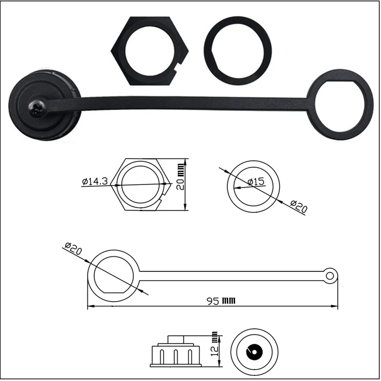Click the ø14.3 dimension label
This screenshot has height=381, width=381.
click(x=95, y=181)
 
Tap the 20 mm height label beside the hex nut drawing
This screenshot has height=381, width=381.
click(x=181, y=177)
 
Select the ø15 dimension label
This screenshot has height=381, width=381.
click(x=256, y=181)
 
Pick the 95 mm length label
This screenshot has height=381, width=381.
click(x=221, y=301)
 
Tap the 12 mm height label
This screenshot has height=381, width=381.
click(x=214, y=344)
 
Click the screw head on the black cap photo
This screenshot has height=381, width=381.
click(x=37, y=108)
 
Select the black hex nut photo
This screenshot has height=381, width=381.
click(x=150, y=51)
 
